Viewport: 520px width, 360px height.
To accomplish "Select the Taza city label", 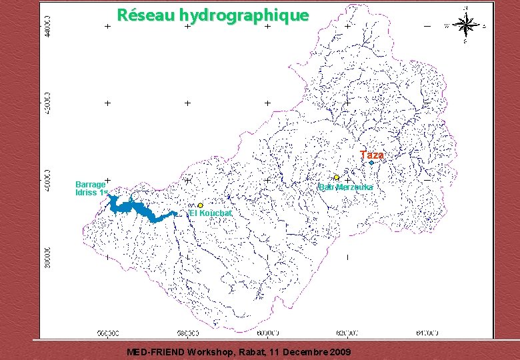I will coord(371,155).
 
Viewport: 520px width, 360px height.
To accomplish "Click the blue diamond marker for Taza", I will coord(371,163).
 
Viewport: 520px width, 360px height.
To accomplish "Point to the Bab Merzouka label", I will coord(345,187).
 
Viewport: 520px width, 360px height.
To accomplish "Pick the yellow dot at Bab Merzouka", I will coord(337,177).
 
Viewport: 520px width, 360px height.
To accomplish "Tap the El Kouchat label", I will coord(211,213).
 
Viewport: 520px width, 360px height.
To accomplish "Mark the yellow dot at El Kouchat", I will coord(200,205).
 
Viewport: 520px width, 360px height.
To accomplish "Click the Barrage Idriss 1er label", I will coord(91,188).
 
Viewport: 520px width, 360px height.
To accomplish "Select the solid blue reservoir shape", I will coord(137,207).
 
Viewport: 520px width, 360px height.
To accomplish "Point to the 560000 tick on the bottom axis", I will coord(108,333).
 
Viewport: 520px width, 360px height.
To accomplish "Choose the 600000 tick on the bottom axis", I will coord(267,333).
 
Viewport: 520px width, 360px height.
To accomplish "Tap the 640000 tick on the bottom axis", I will coord(427,333).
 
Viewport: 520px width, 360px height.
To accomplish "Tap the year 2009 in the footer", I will coord(339,351).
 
